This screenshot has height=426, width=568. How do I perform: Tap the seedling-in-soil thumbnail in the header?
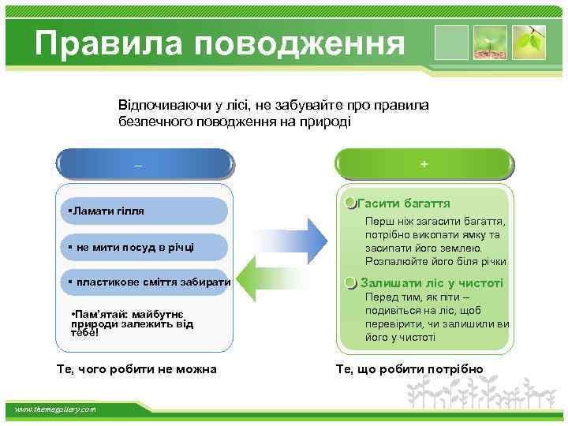[x=489, y=43]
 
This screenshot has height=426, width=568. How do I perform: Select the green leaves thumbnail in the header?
[x=528, y=43]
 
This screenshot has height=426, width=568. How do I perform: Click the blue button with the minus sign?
[x=145, y=165]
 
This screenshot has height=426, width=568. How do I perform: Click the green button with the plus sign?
[x=424, y=165]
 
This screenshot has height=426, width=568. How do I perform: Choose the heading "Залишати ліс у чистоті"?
[x=432, y=282]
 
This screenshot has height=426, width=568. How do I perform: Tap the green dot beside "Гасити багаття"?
[x=351, y=204]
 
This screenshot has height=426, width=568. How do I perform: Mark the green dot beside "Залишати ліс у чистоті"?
[x=351, y=283]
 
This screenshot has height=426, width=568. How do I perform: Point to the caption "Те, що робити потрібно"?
[x=409, y=368]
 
